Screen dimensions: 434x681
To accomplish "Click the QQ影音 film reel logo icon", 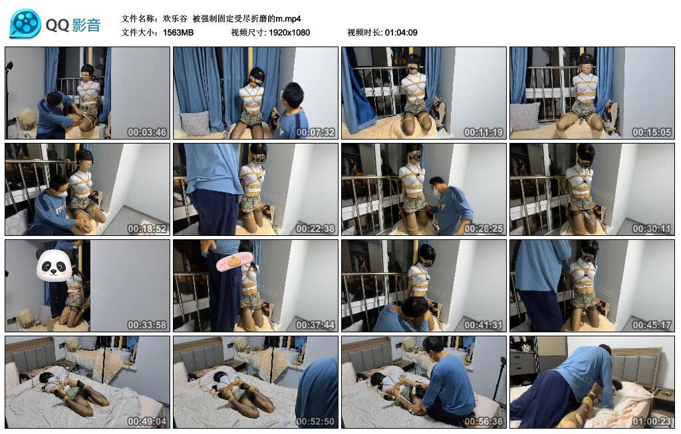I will [25, 25].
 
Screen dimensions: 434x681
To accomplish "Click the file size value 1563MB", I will [178, 33].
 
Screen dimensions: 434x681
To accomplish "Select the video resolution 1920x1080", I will [289, 33].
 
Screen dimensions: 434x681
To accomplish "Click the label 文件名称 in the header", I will [140, 19].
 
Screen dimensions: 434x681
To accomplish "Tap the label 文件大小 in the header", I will [140, 33].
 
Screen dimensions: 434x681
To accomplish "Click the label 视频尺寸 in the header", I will [247, 33].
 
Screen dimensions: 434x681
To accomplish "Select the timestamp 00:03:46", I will [147, 132].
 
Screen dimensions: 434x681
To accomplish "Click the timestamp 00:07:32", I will [315, 132].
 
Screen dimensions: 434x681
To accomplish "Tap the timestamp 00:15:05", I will [652, 132].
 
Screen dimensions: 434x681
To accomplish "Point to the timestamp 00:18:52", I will [147, 229].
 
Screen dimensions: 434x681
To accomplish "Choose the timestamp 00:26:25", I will [483, 229].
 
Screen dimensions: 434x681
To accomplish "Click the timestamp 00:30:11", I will [652, 229].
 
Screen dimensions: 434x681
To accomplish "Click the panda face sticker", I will [54, 266].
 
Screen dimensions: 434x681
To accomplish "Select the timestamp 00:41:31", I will [483, 325].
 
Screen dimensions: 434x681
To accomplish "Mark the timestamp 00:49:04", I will [147, 421].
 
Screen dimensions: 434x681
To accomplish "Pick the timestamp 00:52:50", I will [315, 421].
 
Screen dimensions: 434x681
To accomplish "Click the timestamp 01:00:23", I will [652, 421].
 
